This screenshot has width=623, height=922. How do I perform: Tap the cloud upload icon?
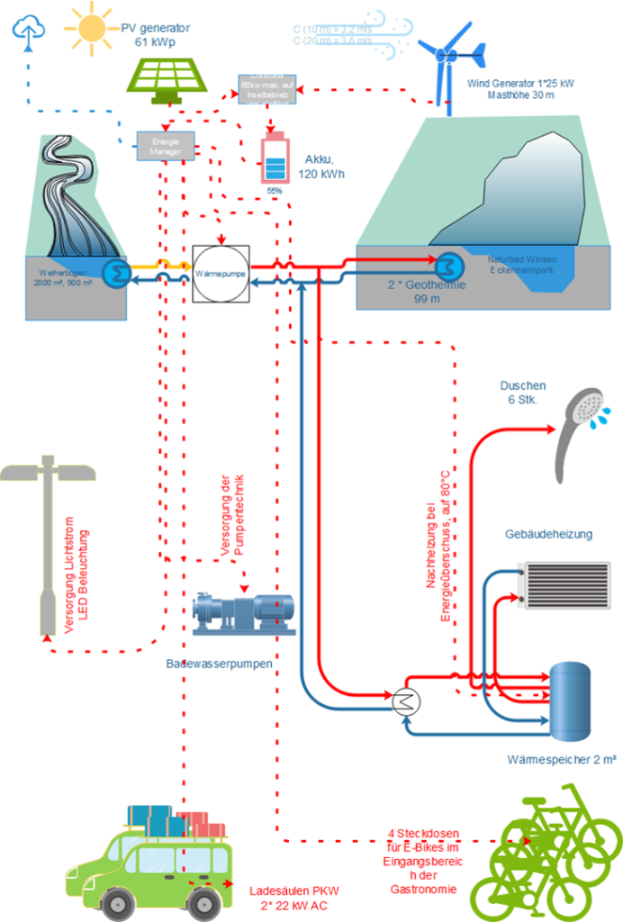pos(28,30)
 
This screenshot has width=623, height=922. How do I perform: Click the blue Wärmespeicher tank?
pos(571,697)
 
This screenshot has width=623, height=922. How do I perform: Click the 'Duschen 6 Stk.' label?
pos(522,393)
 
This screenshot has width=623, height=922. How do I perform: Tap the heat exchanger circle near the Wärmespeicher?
pos(405,701)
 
